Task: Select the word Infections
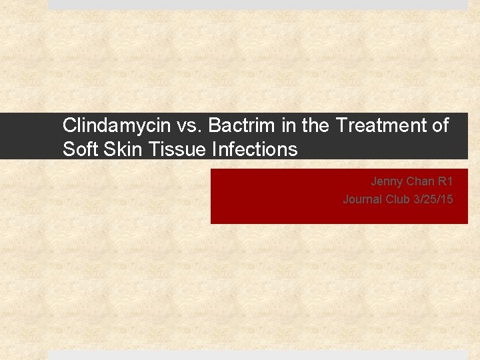255,149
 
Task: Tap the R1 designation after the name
446,181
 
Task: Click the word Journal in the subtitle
363,199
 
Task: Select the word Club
397,199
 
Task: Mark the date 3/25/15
433,199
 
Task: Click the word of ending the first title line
440,125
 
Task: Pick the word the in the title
316,125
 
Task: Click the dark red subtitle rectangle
280,207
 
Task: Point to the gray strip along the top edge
258,4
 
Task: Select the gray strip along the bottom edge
258,355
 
